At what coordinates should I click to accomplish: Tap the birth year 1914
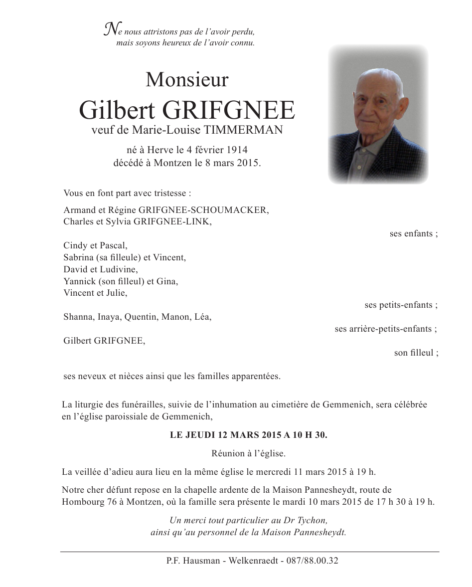(x=237, y=150)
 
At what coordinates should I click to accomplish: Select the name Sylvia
(x=118, y=222)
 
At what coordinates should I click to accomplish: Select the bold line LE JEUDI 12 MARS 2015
(x=248, y=435)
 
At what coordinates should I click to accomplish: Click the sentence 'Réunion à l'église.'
(x=248, y=453)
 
